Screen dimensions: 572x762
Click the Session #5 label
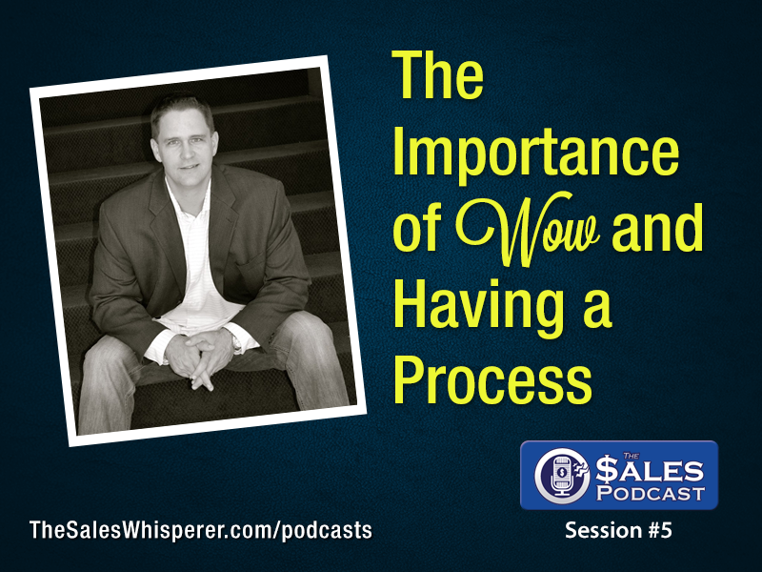(618, 531)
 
